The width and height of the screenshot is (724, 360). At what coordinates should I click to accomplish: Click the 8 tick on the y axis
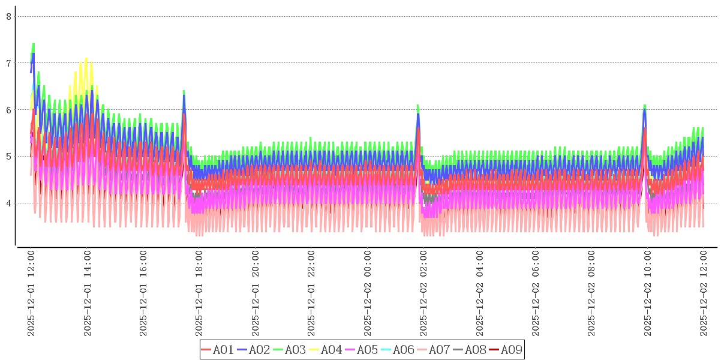click(x=9, y=16)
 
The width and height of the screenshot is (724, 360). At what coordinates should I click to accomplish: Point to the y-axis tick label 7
click(x=9, y=63)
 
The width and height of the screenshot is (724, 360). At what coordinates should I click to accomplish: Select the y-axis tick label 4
click(x=9, y=203)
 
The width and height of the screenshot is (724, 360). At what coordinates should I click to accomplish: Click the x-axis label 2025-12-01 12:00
click(x=31, y=293)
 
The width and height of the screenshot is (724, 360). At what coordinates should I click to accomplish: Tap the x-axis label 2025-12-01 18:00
click(x=200, y=293)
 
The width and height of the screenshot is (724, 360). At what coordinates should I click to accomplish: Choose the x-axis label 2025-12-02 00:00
click(x=368, y=293)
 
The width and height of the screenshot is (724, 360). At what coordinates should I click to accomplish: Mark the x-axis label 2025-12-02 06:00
click(x=536, y=293)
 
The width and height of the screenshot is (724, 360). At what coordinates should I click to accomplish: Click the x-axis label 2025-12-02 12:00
click(x=704, y=293)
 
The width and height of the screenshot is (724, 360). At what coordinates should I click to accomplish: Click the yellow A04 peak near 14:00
click(x=86, y=58)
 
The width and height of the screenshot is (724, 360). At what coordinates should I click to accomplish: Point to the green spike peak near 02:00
click(x=418, y=105)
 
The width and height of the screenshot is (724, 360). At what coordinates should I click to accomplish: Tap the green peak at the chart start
click(x=33, y=44)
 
